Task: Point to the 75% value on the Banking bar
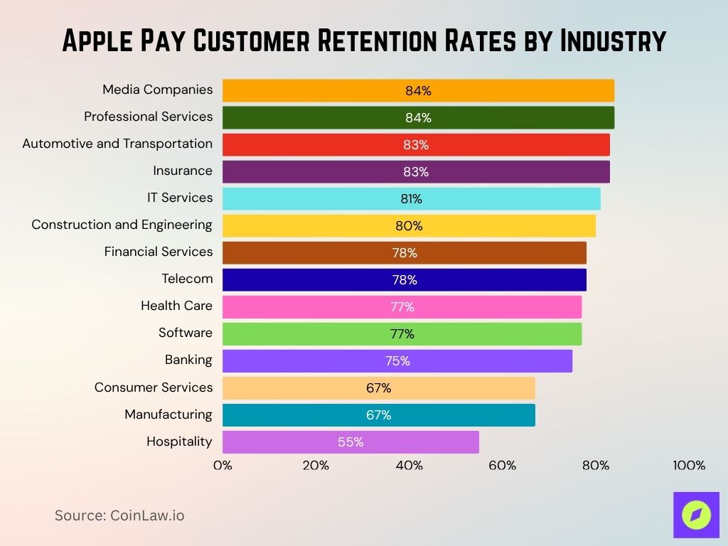[397, 361]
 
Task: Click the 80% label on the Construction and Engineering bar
[409, 226]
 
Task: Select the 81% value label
[411, 199]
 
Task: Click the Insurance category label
[183, 171]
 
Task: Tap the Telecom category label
[187, 279]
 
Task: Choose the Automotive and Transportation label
[117, 144]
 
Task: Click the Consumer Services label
[154, 387]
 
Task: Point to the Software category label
[186, 333]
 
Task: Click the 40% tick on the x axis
[409, 466]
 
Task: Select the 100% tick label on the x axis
[688, 466]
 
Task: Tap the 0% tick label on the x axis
[223, 466]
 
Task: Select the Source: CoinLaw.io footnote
[119, 515]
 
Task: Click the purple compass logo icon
[696, 515]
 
